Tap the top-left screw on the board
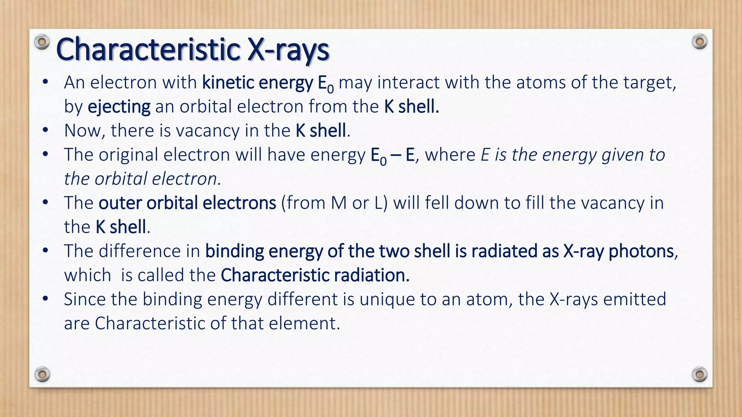point(42,42)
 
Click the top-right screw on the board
point(699,42)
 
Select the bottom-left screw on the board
point(42,374)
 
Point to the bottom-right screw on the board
point(699,374)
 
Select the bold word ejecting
point(119,107)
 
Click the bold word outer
point(120,203)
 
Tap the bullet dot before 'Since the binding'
point(45,299)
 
